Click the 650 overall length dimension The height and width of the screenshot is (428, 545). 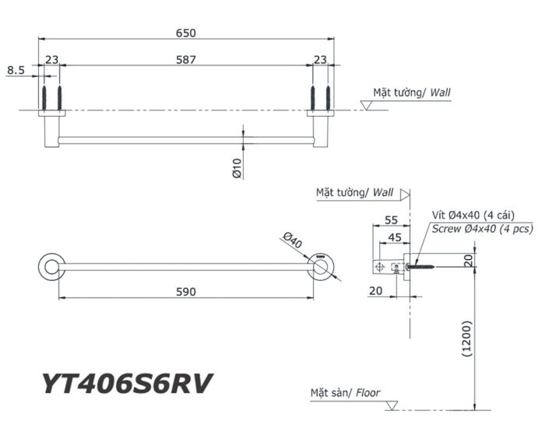pos(185,33)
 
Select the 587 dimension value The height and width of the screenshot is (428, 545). pos(185,59)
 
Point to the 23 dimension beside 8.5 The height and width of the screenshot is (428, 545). pos(51,59)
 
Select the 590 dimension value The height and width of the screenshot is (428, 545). pos(185,291)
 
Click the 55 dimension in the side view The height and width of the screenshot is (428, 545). pos(392,220)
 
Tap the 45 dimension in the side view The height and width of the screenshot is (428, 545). pos(395,237)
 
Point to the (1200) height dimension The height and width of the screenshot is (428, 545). pos(465,338)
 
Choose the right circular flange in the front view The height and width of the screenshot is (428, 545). pos(319,267)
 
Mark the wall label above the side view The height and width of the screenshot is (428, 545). pos(355,191)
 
